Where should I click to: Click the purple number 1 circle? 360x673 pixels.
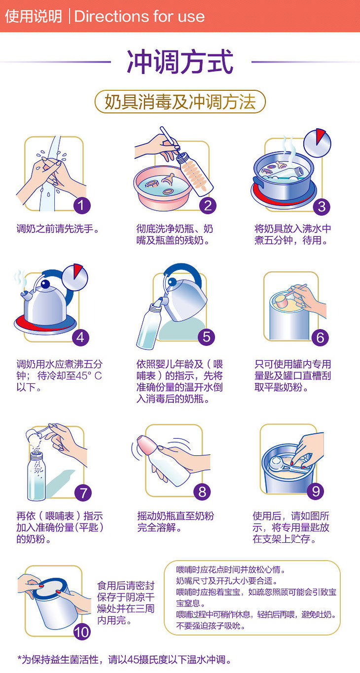tap(82, 206)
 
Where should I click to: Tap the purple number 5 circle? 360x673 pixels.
tap(206, 337)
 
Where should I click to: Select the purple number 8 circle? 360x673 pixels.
tap(202, 492)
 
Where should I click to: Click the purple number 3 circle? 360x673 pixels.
tap(322, 206)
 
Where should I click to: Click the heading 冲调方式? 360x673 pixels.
tap(180, 62)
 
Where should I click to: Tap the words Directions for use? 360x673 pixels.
tap(140, 16)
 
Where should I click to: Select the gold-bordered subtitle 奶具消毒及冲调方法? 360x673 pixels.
tap(180, 102)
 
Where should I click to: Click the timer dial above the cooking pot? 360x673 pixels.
tap(317, 143)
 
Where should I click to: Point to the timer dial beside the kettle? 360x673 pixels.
tap(75, 277)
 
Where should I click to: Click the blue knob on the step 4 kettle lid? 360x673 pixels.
tap(45, 284)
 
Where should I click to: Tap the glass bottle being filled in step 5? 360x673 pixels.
tap(149, 326)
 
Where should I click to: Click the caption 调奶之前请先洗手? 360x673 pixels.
tap(58, 229)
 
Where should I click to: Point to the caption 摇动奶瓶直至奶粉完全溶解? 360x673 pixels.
tap(176, 521)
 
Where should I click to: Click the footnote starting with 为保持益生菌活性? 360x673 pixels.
tap(125, 660)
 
